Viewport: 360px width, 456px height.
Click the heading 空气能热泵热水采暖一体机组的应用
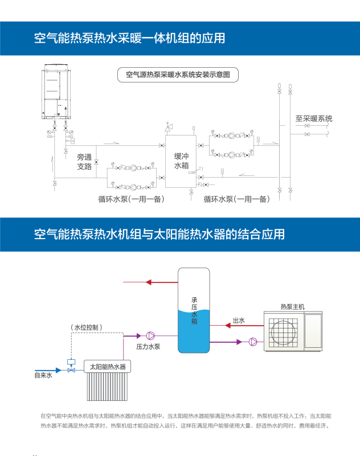point(129,38)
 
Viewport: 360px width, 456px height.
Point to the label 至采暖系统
point(313,119)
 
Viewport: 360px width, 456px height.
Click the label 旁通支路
point(84,162)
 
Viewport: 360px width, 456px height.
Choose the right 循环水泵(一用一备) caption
point(236,199)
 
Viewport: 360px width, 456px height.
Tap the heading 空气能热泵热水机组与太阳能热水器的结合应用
point(159,234)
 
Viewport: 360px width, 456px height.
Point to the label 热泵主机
point(292,306)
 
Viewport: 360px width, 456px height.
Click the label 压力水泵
point(147,346)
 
